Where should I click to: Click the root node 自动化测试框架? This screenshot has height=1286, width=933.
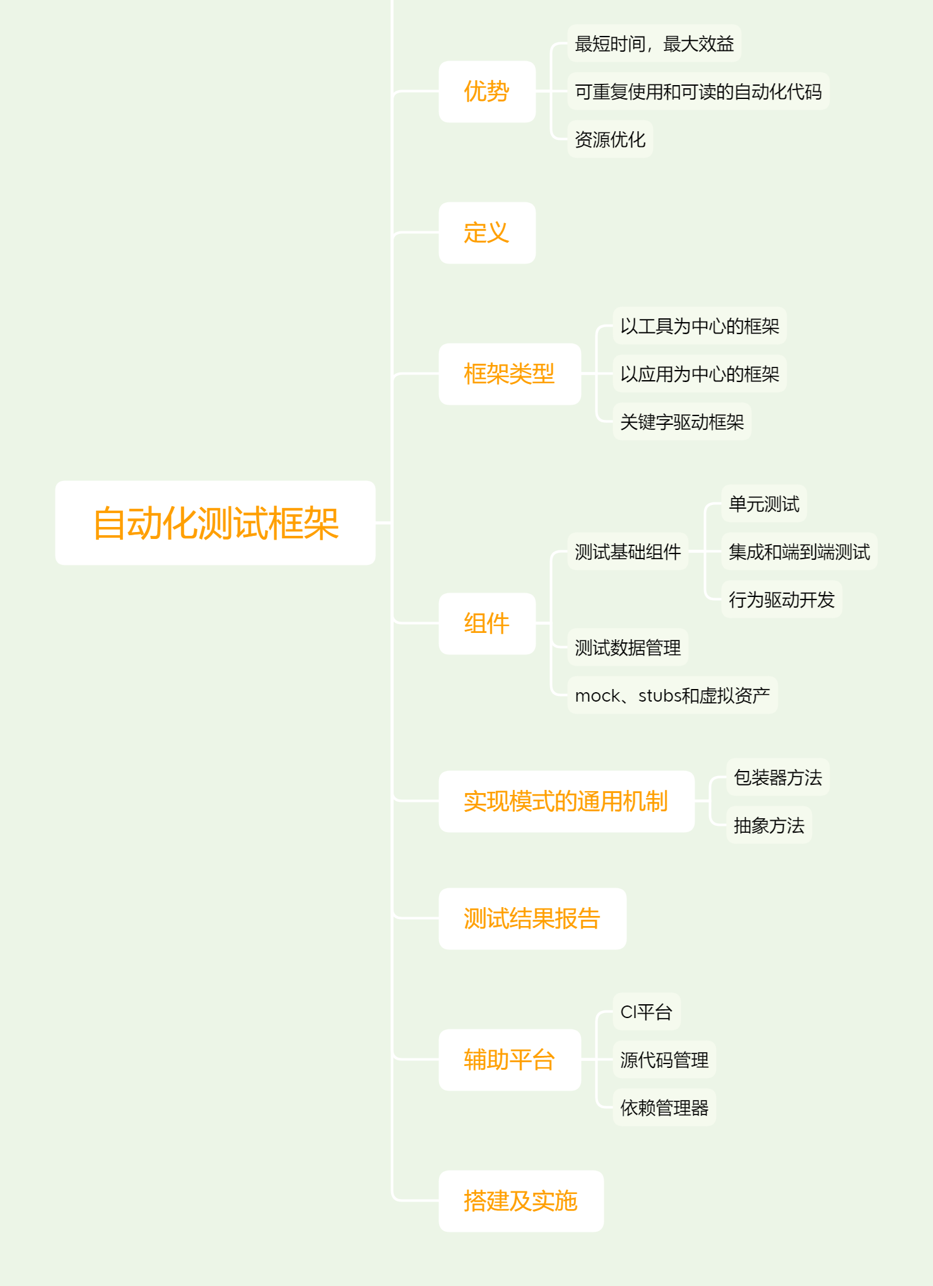tap(215, 523)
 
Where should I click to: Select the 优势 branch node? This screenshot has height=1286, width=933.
tap(487, 91)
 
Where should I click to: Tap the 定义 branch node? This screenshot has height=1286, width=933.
tap(487, 233)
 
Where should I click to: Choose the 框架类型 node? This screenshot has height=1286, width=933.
tap(510, 374)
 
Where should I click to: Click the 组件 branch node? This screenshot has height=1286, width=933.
tap(487, 623)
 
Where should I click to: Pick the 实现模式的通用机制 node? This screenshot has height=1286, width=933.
tap(566, 801)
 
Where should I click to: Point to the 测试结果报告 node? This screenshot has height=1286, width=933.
tap(532, 918)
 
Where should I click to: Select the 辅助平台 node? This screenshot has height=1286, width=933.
tap(510, 1060)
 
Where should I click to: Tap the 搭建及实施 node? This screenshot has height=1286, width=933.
tap(521, 1201)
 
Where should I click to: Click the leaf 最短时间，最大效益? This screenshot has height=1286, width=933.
tap(654, 43)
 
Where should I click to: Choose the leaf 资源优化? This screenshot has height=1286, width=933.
tap(610, 139)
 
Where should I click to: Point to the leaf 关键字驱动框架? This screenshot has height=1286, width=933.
tap(682, 422)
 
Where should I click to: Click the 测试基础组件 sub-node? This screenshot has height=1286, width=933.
tap(628, 552)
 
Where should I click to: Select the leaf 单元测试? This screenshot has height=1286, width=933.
tap(764, 504)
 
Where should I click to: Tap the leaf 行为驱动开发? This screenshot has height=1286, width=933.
tap(782, 600)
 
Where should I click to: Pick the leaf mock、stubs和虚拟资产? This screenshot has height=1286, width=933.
tap(672, 695)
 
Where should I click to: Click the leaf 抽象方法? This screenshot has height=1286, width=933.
tap(769, 825)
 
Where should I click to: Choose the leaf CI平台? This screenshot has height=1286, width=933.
tap(647, 1012)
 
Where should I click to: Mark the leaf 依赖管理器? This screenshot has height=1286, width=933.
tap(664, 1108)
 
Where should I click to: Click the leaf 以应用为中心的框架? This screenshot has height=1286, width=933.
tap(700, 374)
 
